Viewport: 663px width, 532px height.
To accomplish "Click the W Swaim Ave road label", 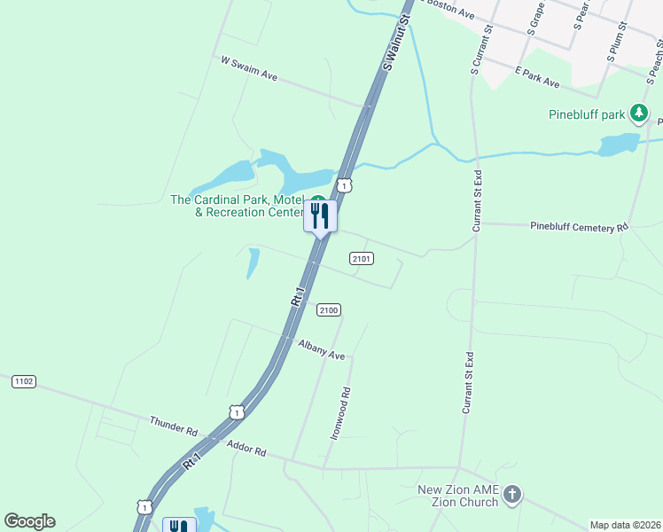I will coord(249,70).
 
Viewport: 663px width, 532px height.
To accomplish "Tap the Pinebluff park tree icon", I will coord(638,113).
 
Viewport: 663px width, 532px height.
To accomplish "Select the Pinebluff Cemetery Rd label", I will coord(578,227).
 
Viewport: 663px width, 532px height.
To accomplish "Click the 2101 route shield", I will coord(361,258).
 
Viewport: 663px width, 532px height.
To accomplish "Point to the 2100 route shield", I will coord(328,309).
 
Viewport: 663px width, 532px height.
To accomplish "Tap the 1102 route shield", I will coord(24,381).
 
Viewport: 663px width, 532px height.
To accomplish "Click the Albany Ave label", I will coord(321,349).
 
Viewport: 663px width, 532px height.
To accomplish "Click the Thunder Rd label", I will coord(174,426).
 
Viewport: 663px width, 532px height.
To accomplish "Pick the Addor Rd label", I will coord(246,450).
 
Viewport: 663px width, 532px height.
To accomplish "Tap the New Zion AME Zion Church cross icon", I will coord(513,495).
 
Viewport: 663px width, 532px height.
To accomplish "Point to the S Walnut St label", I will coord(398,42).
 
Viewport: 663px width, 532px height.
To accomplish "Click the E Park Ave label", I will coord(537,77).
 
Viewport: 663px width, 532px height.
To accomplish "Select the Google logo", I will coord(29,520).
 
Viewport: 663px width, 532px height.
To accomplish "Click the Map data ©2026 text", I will coord(625,525).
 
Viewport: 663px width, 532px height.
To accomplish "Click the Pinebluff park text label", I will coord(587,113).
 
